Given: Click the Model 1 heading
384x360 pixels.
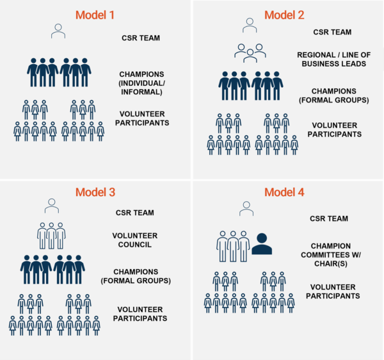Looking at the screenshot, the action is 95,15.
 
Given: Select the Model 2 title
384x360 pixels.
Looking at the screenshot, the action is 284,15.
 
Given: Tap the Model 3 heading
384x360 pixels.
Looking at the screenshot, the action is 95,192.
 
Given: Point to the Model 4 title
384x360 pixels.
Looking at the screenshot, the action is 284,192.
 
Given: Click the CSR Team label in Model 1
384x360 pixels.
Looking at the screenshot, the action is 141,38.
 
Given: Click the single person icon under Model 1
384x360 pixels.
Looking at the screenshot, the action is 58,31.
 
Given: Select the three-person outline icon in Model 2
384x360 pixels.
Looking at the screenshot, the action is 250,53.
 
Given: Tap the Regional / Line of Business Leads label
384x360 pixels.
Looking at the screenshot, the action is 334,60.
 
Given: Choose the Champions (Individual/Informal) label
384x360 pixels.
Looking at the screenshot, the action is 142,83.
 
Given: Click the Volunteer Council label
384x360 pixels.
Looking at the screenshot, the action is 135,240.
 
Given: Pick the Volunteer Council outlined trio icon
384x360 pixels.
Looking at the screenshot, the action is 51,236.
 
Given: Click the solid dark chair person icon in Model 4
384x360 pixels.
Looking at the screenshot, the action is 262,244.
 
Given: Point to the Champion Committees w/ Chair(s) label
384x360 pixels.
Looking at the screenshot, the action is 331,255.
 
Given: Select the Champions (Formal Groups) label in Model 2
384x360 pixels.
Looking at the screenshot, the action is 334,95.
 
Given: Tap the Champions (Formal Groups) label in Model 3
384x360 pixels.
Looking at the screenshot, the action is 136,276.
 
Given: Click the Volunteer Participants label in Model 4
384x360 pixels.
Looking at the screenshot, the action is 333,291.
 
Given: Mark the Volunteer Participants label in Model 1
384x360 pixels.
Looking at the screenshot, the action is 142,119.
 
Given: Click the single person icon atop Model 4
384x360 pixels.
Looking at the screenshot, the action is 246,209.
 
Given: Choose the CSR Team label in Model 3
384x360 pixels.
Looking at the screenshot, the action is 135,213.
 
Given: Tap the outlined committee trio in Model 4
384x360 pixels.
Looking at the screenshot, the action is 233,246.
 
